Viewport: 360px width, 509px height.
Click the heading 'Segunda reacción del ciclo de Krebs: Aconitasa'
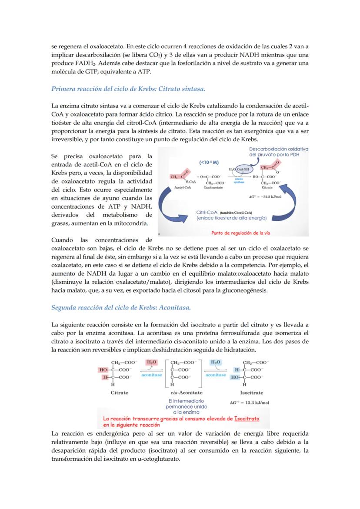pyautogui.click(x=121, y=308)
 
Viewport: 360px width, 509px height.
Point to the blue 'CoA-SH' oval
pyautogui.click(x=241, y=169)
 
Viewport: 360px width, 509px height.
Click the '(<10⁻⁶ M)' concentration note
pyautogui.click(x=209, y=162)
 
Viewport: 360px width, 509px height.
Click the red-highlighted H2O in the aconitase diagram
pyautogui.click(x=151, y=362)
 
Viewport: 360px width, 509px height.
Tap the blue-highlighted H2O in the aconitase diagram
pyautogui.click(x=215, y=362)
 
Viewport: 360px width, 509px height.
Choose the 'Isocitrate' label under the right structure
pyautogui.click(x=251, y=393)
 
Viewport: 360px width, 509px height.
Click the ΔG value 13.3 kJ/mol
pyautogui.click(x=249, y=403)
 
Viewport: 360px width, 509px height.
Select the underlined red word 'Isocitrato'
pyautogui.click(x=246, y=419)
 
